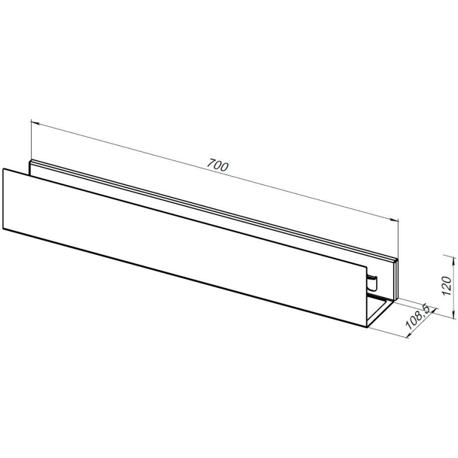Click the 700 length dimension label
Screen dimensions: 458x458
coord(218,165)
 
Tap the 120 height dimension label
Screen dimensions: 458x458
coord(447,285)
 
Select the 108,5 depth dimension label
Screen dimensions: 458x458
coord(418,317)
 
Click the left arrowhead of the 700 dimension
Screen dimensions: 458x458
coord(35,123)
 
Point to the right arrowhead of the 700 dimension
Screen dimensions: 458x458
coord(394,220)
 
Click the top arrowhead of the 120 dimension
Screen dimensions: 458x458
coord(453,261)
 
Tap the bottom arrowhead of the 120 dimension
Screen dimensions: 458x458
coord(453,314)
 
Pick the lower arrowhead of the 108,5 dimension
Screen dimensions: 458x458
coord(409,335)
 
